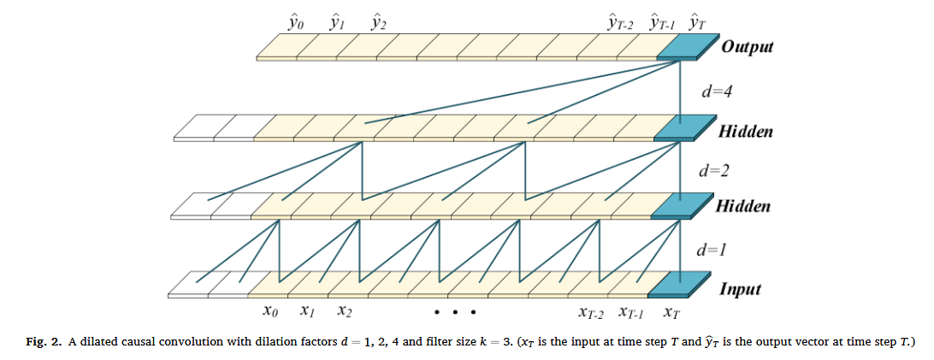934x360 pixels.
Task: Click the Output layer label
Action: (x=747, y=46)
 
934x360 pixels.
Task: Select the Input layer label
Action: (x=740, y=289)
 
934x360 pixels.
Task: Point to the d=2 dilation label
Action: (x=713, y=170)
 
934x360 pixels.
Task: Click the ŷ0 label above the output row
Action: (x=297, y=17)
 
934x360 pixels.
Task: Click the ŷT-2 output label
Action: (x=620, y=19)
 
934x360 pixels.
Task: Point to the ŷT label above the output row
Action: (x=697, y=18)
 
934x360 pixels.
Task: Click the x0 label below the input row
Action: (x=270, y=311)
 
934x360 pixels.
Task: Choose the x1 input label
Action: (x=308, y=311)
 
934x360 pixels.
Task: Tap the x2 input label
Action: (x=346, y=311)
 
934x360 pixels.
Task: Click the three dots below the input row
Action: (x=454, y=311)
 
